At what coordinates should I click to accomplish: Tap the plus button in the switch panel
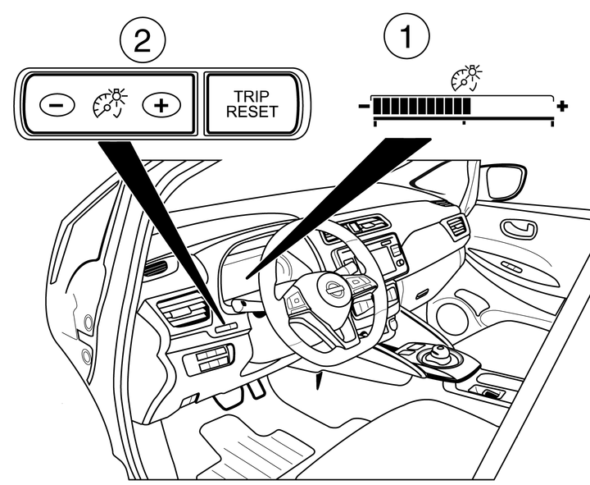click(x=161, y=104)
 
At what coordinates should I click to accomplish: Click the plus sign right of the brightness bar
click(x=562, y=107)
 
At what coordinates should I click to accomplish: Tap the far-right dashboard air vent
click(x=456, y=226)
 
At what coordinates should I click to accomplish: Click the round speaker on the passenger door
click(x=452, y=317)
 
